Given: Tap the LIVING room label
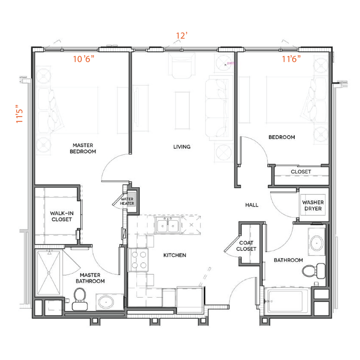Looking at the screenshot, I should click(x=182, y=147).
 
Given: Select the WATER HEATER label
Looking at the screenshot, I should click(x=127, y=201).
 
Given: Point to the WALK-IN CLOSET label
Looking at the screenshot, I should click(x=61, y=216).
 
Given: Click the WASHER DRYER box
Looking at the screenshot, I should click(x=313, y=206).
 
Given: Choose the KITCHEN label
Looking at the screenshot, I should click(x=175, y=255).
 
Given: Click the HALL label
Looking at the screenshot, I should click(x=252, y=205).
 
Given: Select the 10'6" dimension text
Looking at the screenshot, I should click(x=84, y=59).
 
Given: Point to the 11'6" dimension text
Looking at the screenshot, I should click(x=291, y=59).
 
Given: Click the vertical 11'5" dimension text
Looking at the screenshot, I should click(x=20, y=114).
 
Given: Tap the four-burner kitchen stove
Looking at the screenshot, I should click(x=139, y=260).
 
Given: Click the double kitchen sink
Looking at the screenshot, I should click(x=167, y=225).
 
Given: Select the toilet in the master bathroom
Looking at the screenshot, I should click(x=79, y=299).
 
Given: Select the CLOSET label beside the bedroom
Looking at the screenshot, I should click(x=301, y=172).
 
